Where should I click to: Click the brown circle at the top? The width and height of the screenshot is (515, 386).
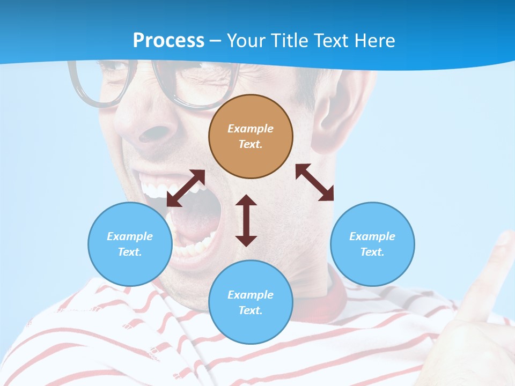pyautogui.click(x=251, y=137)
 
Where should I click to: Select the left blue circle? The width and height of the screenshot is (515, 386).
pyautogui.click(x=130, y=244)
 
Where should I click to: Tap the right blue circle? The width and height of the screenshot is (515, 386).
pyautogui.click(x=372, y=244)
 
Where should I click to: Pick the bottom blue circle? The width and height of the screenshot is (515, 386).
pyautogui.click(x=251, y=302)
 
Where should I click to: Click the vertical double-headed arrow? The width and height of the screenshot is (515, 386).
pyautogui.click(x=246, y=220)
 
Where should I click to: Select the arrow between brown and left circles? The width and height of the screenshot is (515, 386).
pyautogui.click(x=186, y=188)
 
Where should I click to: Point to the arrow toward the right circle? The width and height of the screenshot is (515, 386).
pyautogui.click(x=314, y=182)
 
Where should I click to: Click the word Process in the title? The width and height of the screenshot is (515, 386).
pyautogui.click(x=168, y=40)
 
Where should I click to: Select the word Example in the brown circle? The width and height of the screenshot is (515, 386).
pyautogui.click(x=251, y=129)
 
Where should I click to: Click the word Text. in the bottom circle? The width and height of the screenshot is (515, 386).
pyautogui.click(x=251, y=310)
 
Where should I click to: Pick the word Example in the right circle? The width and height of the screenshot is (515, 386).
pyautogui.click(x=372, y=236)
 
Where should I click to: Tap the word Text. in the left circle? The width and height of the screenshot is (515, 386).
pyautogui.click(x=130, y=252)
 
